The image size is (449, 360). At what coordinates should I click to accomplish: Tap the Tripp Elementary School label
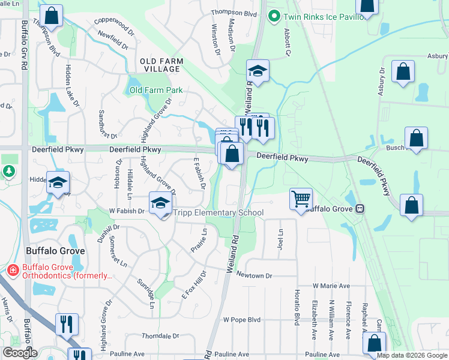click(x=218, y=212)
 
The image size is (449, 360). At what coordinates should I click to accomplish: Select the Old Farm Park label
click(x=156, y=91)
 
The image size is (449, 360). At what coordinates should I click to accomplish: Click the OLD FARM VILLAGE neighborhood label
click(x=160, y=65)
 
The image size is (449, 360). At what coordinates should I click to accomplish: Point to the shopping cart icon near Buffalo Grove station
click(x=301, y=199)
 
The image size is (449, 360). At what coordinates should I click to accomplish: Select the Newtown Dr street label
click(x=254, y=275)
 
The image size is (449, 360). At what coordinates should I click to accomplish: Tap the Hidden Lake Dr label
click(x=71, y=85)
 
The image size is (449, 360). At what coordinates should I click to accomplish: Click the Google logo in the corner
click(x=20, y=353)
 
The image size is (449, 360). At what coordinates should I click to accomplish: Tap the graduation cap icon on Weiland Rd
click(x=257, y=72)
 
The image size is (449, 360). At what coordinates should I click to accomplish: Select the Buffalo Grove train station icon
click(x=359, y=209)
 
